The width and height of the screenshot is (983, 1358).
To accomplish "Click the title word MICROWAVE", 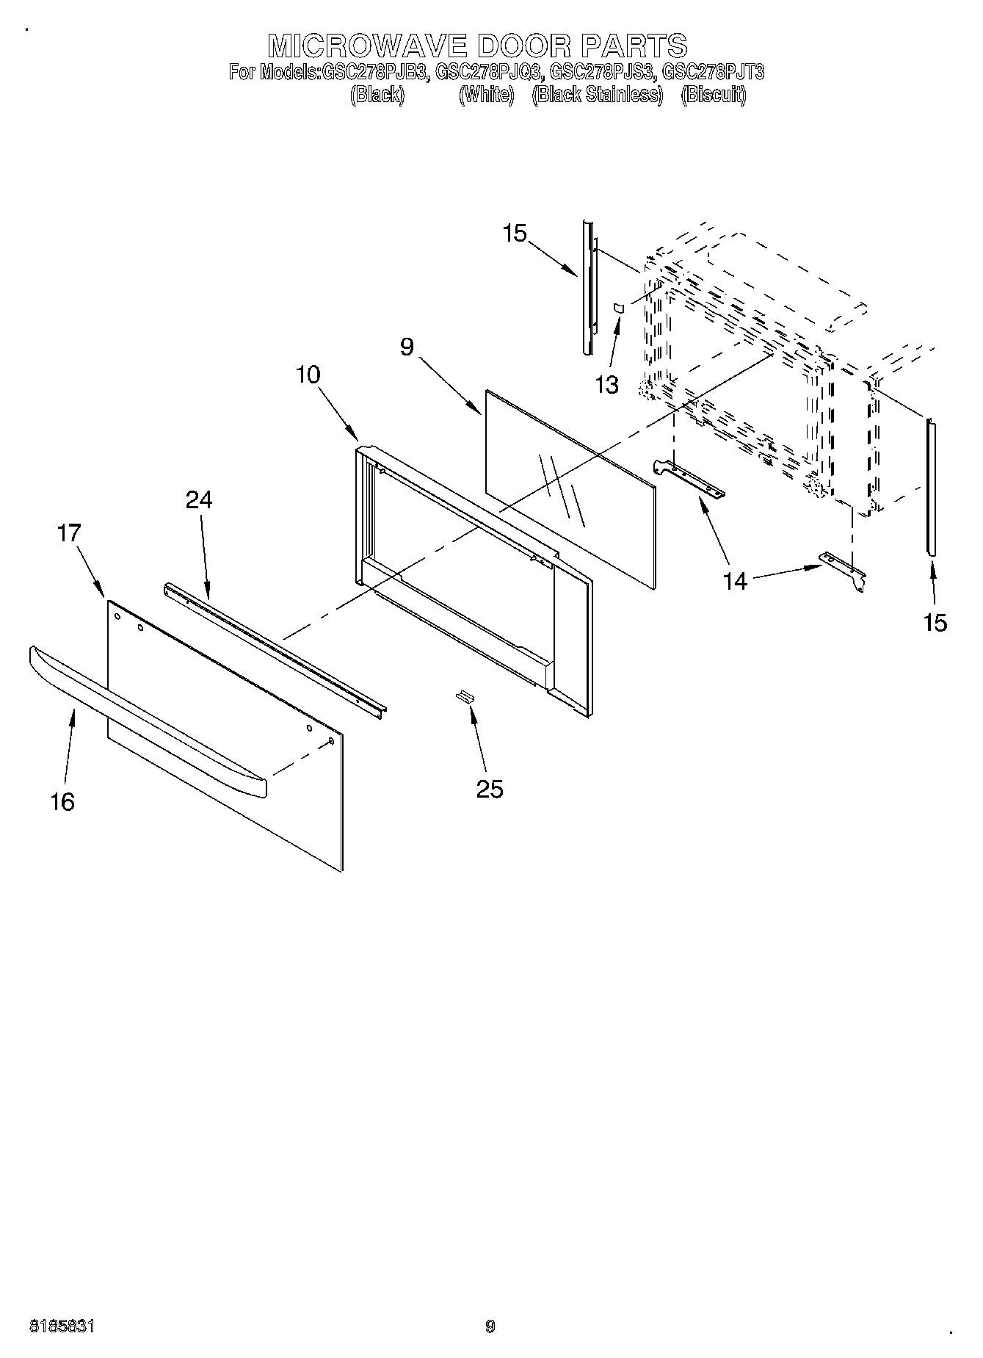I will [x=368, y=46].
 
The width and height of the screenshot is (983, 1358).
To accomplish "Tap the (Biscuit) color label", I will [x=713, y=95].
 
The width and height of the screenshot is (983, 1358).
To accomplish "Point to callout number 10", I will [x=308, y=375].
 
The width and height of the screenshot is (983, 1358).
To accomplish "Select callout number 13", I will [x=607, y=384].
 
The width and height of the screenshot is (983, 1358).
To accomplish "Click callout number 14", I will [x=734, y=581].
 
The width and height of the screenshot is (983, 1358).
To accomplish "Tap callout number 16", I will [x=63, y=801].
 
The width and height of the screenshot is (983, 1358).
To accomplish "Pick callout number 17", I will [x=69, y=532].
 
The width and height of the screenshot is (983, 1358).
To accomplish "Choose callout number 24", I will [x=198, y=499].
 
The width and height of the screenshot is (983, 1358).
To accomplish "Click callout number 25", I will [x=490, y=789].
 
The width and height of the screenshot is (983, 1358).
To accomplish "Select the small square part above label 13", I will [x=619, y=308].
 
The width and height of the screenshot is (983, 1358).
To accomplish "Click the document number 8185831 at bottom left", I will [x=62, y=1326].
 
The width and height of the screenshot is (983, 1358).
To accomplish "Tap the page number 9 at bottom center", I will [x=490, y=1326].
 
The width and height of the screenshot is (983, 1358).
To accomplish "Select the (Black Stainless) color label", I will [x=597, y=95].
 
